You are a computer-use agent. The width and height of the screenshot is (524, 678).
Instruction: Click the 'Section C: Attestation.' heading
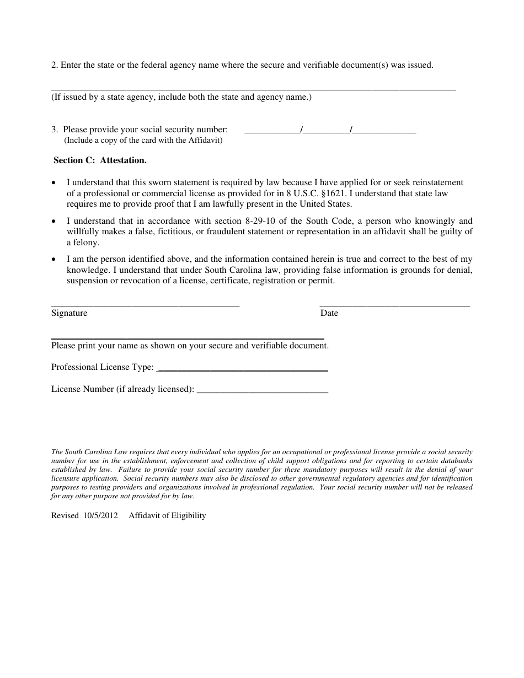coord(100,161)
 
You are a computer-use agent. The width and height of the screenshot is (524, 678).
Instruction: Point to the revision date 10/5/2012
coord(101,516)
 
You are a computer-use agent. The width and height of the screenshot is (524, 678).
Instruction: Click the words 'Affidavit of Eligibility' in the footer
coord(167,516)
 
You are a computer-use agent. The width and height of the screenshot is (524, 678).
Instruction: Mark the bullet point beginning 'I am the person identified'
coord(54,259)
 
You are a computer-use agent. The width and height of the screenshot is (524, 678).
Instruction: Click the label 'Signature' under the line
coord(69,313)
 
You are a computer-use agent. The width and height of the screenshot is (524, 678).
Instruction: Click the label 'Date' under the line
coord(329,313)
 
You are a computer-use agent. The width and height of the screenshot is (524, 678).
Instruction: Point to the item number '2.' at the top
coord(54,65)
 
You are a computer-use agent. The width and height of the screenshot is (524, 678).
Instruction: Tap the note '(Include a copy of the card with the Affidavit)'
coord(143,141)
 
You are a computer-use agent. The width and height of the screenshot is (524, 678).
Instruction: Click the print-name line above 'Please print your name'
coord(188,338)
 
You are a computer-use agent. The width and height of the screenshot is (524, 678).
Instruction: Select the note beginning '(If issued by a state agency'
coord(181,98)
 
